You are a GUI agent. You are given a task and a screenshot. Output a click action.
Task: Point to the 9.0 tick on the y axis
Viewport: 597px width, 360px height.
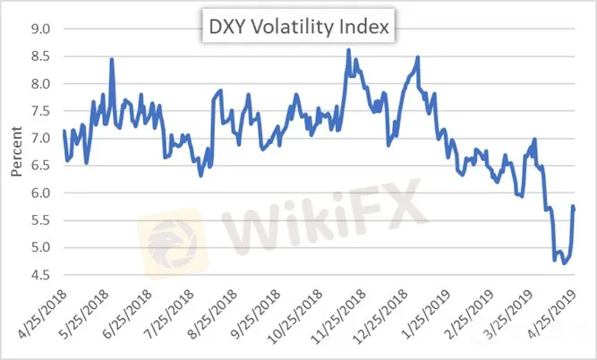pos(40,29)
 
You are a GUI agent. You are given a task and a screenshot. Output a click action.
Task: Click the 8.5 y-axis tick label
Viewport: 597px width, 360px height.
pos(40,56)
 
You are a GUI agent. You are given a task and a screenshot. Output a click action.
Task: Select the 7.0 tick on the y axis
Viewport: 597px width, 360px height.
pos(40,138)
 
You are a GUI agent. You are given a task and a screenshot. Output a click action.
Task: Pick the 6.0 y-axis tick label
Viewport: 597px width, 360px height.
pos(40,193)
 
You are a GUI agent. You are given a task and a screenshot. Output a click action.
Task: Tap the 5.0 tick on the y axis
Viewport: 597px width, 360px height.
pos(40,247)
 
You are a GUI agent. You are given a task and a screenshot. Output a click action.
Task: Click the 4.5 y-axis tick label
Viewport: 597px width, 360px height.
pos(40,275)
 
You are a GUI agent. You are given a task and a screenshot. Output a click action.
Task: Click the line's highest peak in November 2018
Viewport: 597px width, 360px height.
pos(348,50)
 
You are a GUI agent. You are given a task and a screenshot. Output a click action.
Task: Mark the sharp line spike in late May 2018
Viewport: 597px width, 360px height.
pos(112,60)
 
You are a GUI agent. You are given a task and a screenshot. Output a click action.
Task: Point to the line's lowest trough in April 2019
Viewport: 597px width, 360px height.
pos(563,262)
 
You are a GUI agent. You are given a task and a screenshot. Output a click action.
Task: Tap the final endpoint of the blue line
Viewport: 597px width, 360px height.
pos(574,207)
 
